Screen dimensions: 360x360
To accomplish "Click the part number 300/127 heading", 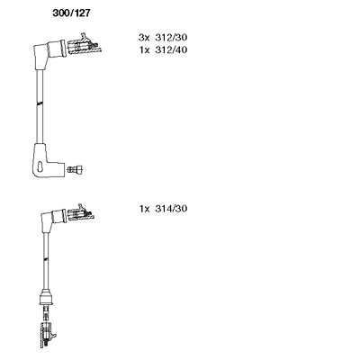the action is pyautogui.click(x=71, y=13).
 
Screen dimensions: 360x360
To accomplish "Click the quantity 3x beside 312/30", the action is pyautogui.click(x=144, y=38).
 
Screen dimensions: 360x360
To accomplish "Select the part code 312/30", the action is pyautogui.click(x=171, y=38).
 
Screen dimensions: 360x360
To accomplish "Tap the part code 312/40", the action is pyautogui.click(x=171, y=49).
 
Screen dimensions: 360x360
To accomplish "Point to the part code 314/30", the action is pyautogui.click(x=171, y=209).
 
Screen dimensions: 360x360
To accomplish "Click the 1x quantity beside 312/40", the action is pyautogui.click(x=144, y=49).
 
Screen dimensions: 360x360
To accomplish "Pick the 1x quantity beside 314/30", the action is pyautogui.click(x=144, y=209).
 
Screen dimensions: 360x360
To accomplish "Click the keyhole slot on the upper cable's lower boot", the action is pyautogui.click(x=40, y=166).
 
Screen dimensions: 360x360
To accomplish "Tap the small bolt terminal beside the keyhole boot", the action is pyautogui.click(x=76, y=169).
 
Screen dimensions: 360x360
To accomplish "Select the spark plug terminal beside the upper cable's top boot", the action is pyautogui.click(x=85, y=45).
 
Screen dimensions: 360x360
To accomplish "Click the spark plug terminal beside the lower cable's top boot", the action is pyautogui.click(x=80, y=213).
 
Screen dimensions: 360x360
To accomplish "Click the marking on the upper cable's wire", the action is pyautogui.click(x=40, y=103).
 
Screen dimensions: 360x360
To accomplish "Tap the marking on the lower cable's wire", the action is pyautogui.click(x=46, y=258).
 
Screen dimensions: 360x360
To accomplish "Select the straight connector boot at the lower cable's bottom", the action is pyautogui.click(x=46, y=298).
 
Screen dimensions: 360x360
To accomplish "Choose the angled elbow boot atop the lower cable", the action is pyautogui.click(x=52, y=220).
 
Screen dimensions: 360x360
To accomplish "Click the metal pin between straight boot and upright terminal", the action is pyautogui.click(x=46, y=313).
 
